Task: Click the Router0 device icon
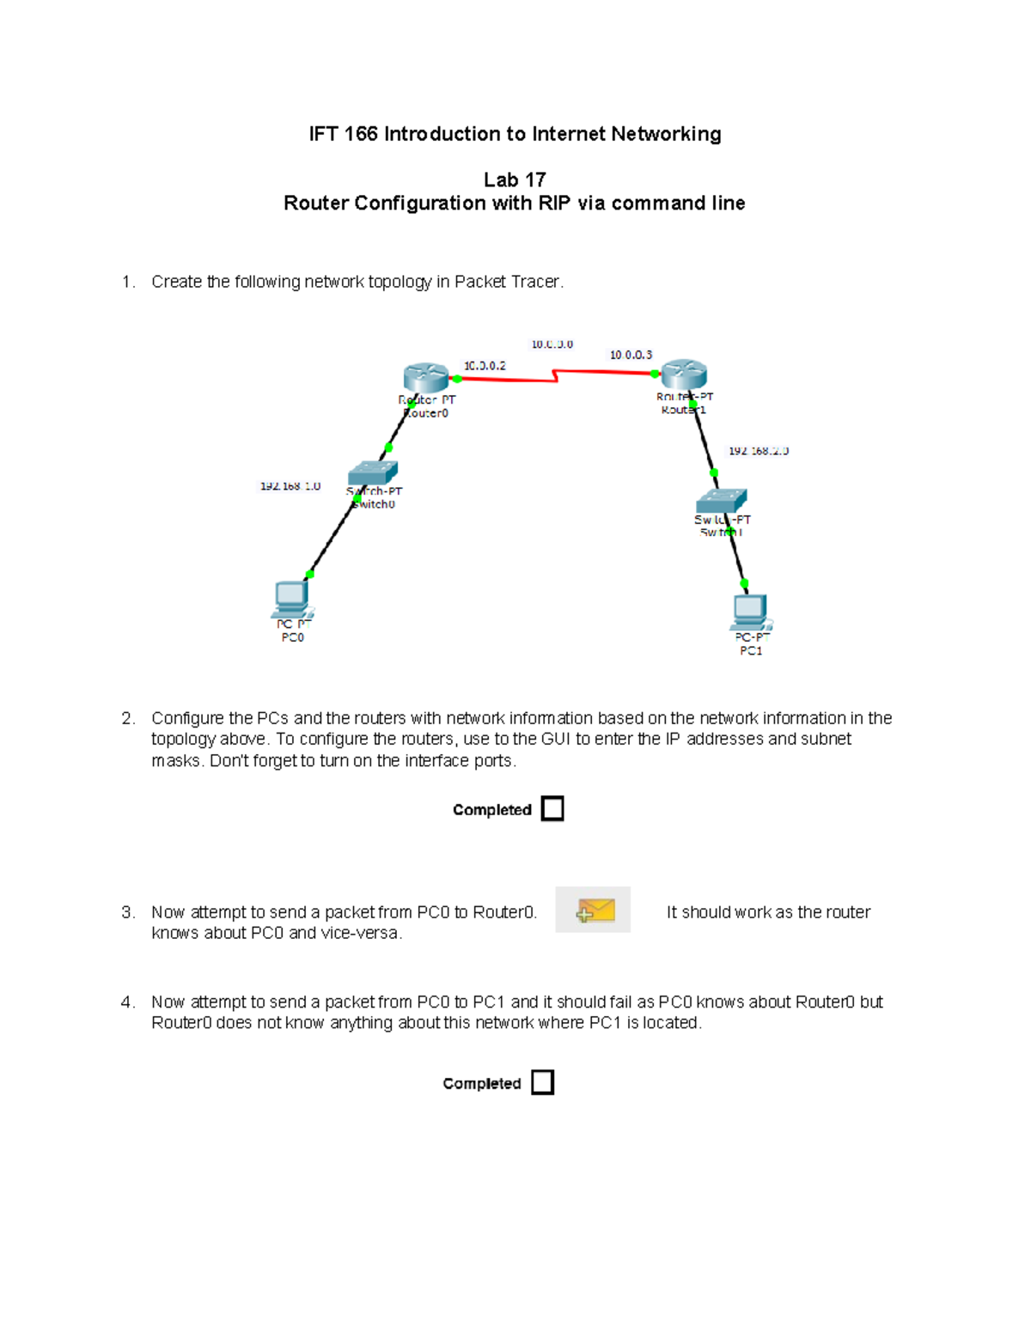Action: click(425, 377)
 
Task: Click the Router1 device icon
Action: click(684, 375)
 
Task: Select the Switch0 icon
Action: click(372, 472)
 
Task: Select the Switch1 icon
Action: click(722, 500)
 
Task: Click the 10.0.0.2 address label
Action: click(485, 366)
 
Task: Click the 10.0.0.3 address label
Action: click(631, 355)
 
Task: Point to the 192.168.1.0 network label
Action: click(290, 486)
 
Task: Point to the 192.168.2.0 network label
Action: click(758, 451)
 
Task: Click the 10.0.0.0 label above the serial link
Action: click(552, 344)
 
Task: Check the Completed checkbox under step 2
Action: click(552, 809)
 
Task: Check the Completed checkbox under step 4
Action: click(542, 1082)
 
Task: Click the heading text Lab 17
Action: click(515, 180)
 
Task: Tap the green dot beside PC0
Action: click(309, 574)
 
